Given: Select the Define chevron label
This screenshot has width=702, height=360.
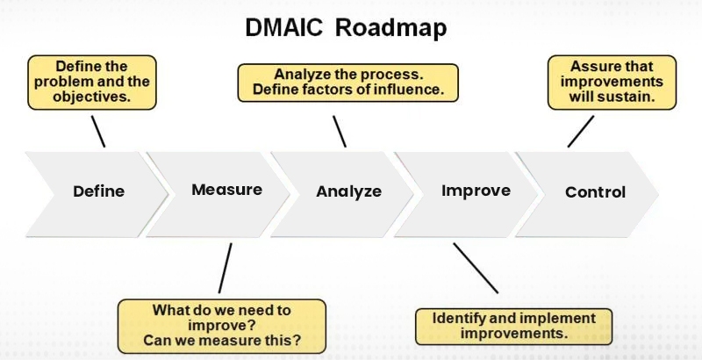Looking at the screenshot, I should tap(98, 191).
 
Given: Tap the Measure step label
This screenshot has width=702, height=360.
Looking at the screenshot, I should tap(226, 190).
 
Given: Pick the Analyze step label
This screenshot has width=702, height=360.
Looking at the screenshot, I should tap(348, 191).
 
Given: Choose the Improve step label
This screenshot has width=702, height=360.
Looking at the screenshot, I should tap(476, 190).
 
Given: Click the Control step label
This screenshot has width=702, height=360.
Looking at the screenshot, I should tap(595, 192).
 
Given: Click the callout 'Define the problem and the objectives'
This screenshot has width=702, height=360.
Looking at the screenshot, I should tap(91, 83).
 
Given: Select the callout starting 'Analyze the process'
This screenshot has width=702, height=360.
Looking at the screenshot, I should tap(347, 83).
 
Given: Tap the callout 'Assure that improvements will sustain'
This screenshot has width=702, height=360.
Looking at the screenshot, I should tap(612, 83).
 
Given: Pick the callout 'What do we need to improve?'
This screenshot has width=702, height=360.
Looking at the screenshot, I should tap(221, 325).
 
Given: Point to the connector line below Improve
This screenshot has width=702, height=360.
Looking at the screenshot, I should tap(475, 268).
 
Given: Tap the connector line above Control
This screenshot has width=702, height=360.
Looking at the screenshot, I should tap(580, 132).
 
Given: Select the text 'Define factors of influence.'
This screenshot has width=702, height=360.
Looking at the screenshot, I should tap(347, 90).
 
